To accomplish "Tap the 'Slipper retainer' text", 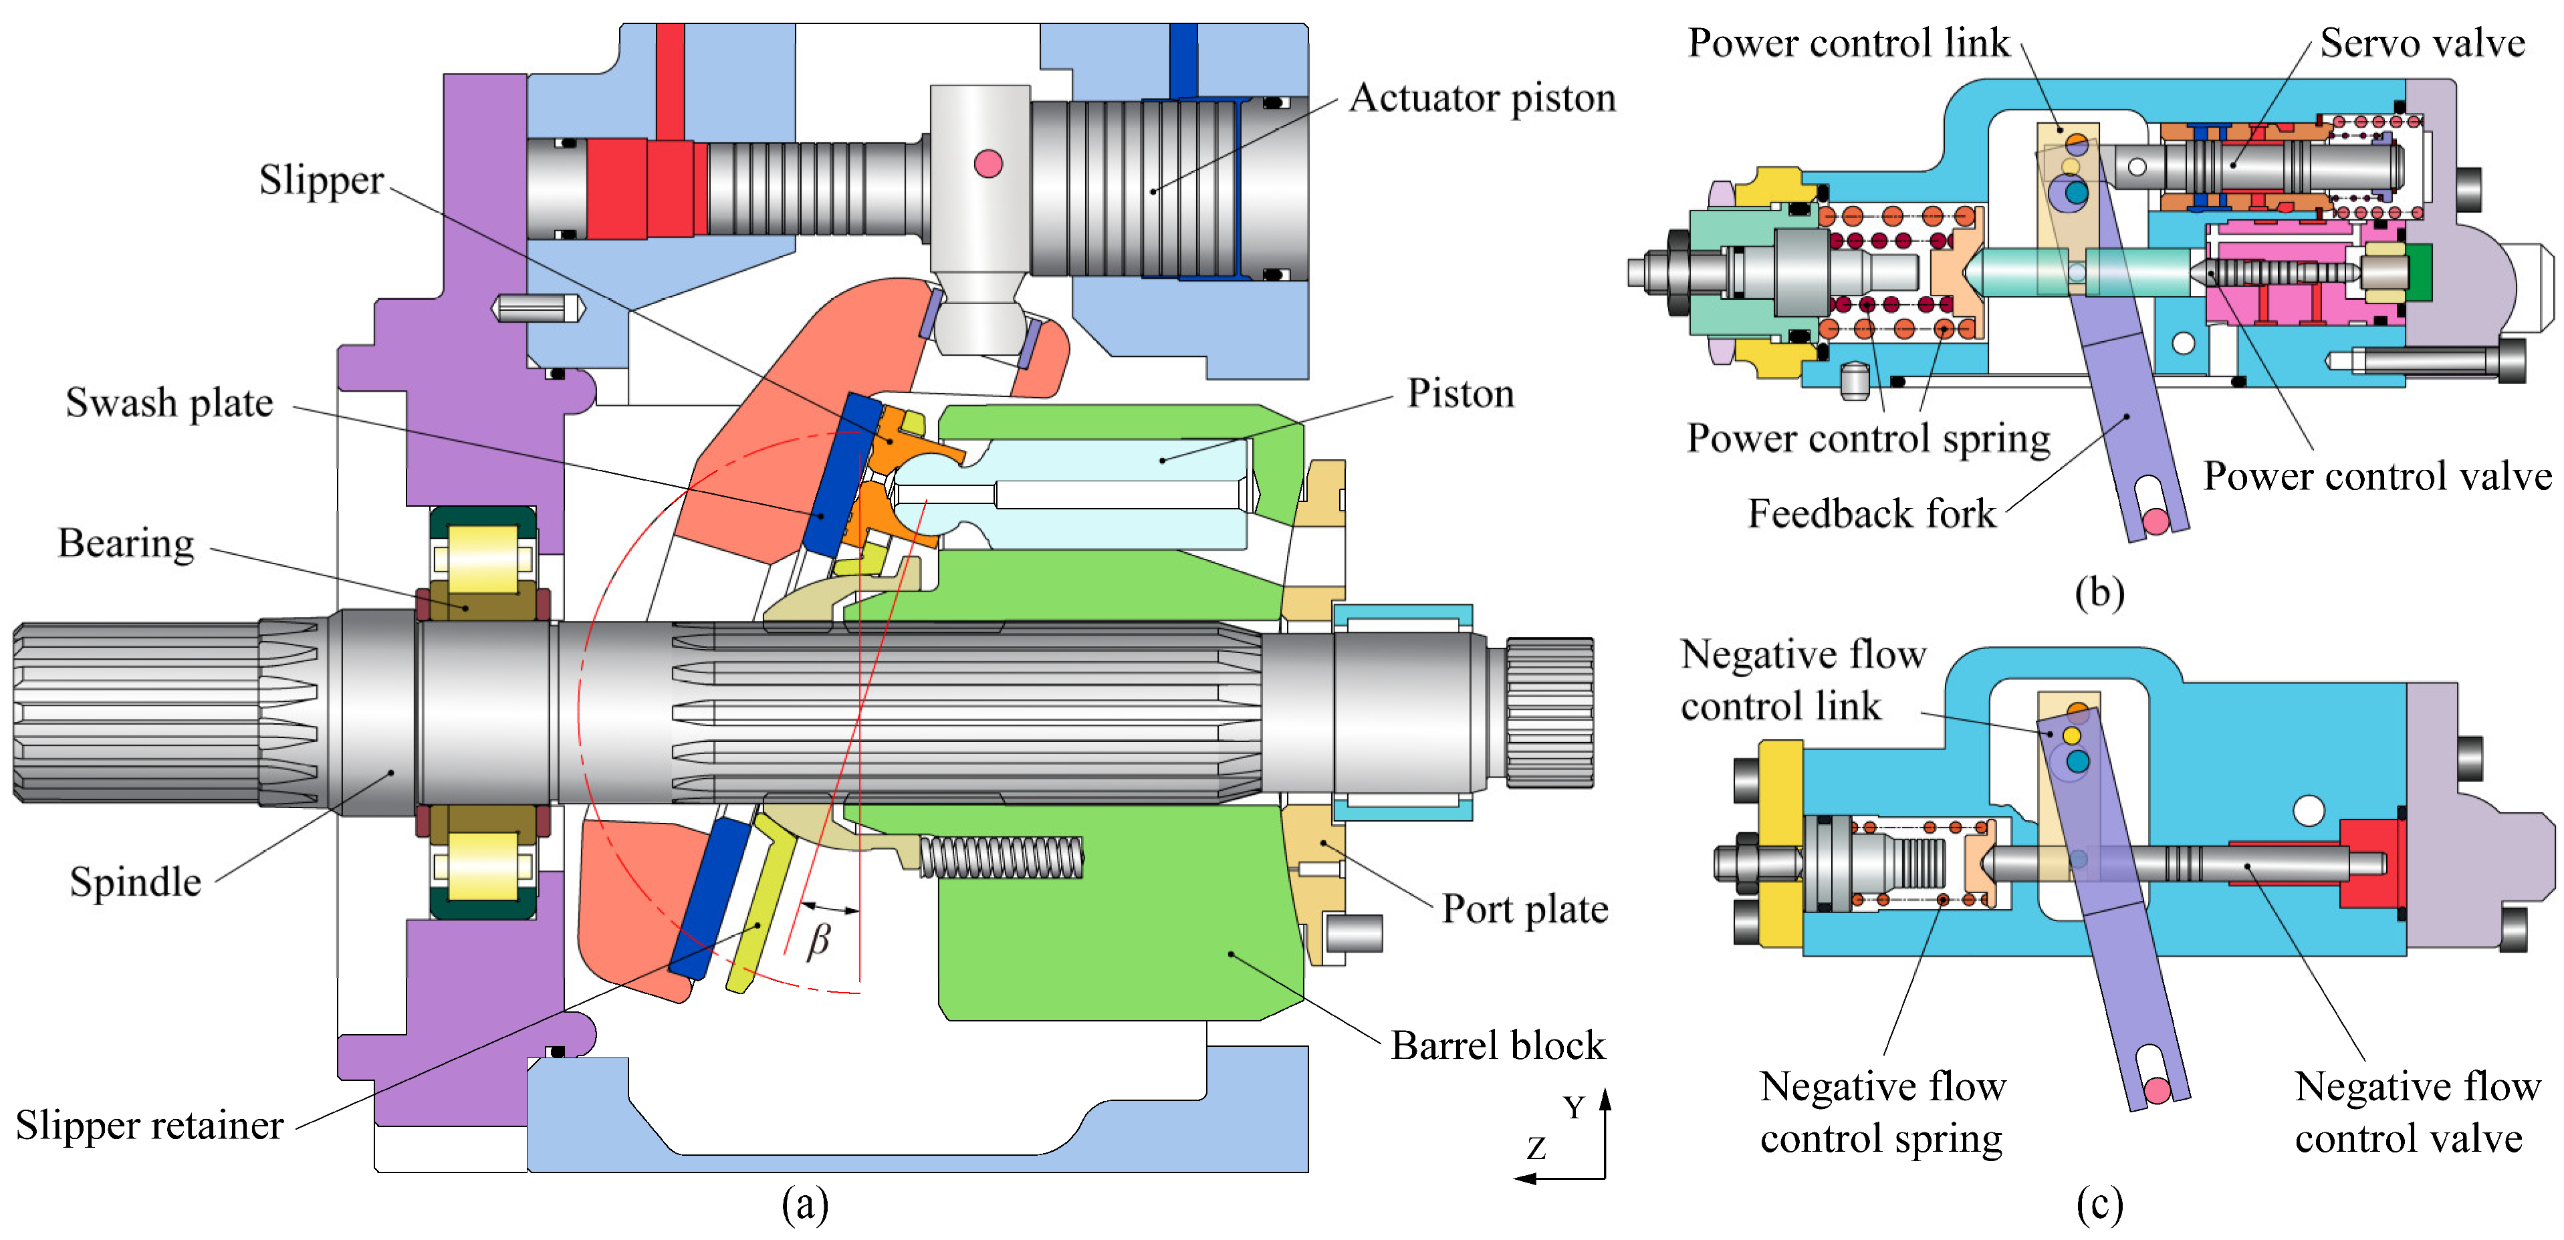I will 149,1124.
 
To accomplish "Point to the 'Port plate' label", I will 1525,908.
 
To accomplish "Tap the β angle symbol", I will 818,941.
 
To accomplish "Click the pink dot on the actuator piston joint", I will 987,163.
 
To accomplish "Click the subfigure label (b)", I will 2099,592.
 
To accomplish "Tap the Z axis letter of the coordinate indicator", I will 1537,1148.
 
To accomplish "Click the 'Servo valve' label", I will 2422,43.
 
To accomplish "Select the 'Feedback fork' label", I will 1871,513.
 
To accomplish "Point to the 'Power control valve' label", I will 2377,476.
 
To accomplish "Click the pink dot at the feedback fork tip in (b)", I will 2156,521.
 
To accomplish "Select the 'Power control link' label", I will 1849,43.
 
